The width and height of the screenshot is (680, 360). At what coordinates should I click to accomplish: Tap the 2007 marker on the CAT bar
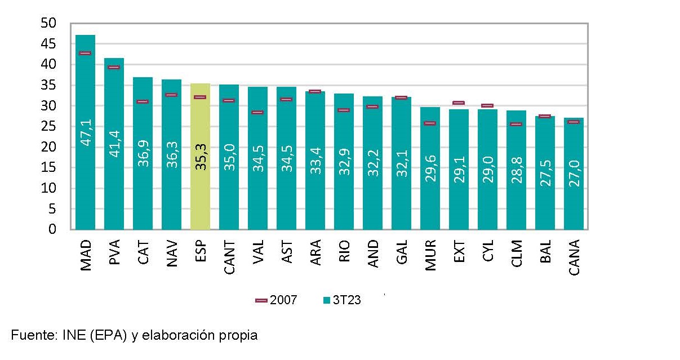(x=143, y=101)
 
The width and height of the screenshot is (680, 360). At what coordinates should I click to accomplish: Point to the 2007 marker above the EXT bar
(x=459, y=103)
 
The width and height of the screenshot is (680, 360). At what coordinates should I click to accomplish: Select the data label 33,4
(x=315, y=158)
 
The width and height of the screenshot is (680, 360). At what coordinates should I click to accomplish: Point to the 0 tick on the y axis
(x=52, y=229)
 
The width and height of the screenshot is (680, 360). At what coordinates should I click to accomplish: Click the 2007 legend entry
(x=276, y=300)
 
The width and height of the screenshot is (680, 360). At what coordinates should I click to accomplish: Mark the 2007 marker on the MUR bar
(x=430, y=123)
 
